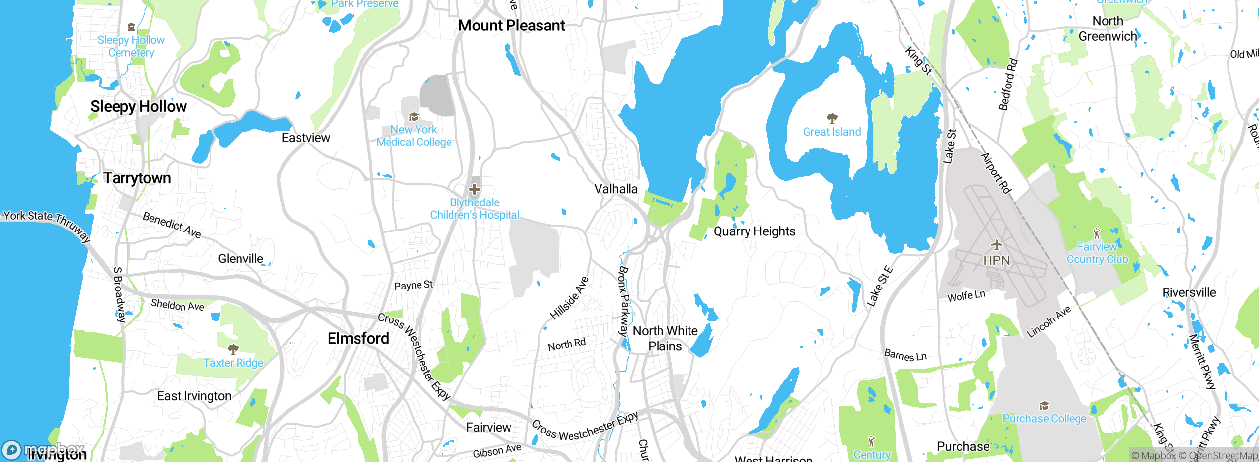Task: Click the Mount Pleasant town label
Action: click(x=511, y=26)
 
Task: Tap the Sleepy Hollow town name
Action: click(x=139, y=106)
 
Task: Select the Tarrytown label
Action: click(x=137, y=178)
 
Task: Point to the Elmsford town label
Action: click(x=358, y=338)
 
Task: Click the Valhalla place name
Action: click(x=616, y=189)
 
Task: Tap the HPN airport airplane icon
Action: click(x=996, y=245)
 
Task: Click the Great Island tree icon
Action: click(x=832, y=118)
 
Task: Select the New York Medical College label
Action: click(x=414, y=136)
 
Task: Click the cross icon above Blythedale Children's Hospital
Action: click(x=475, y=189)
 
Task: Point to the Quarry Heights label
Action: click(x=754, y=231)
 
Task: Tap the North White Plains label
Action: click(x=665, y=338)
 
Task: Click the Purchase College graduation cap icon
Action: click(x=1044, y=405)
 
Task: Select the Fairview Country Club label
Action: click(x=1097, y=253)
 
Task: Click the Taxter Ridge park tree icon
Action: click(x=233, y=349)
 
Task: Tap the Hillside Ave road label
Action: click(x=569, y=298)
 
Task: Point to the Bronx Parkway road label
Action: click(x=623, y=301)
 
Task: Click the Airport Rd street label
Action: click(x=996, y=173)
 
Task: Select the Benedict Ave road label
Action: click(x=172, y=225)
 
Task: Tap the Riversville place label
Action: click(x=1189, y=292)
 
